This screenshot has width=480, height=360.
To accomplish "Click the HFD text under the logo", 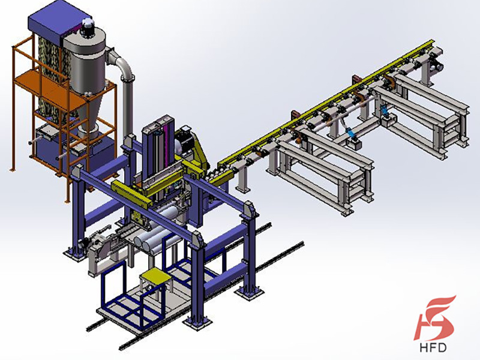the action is [433, 347].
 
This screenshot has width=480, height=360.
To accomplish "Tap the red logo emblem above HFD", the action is [434, 318].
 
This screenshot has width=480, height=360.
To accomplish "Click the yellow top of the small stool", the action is [155, 275].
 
